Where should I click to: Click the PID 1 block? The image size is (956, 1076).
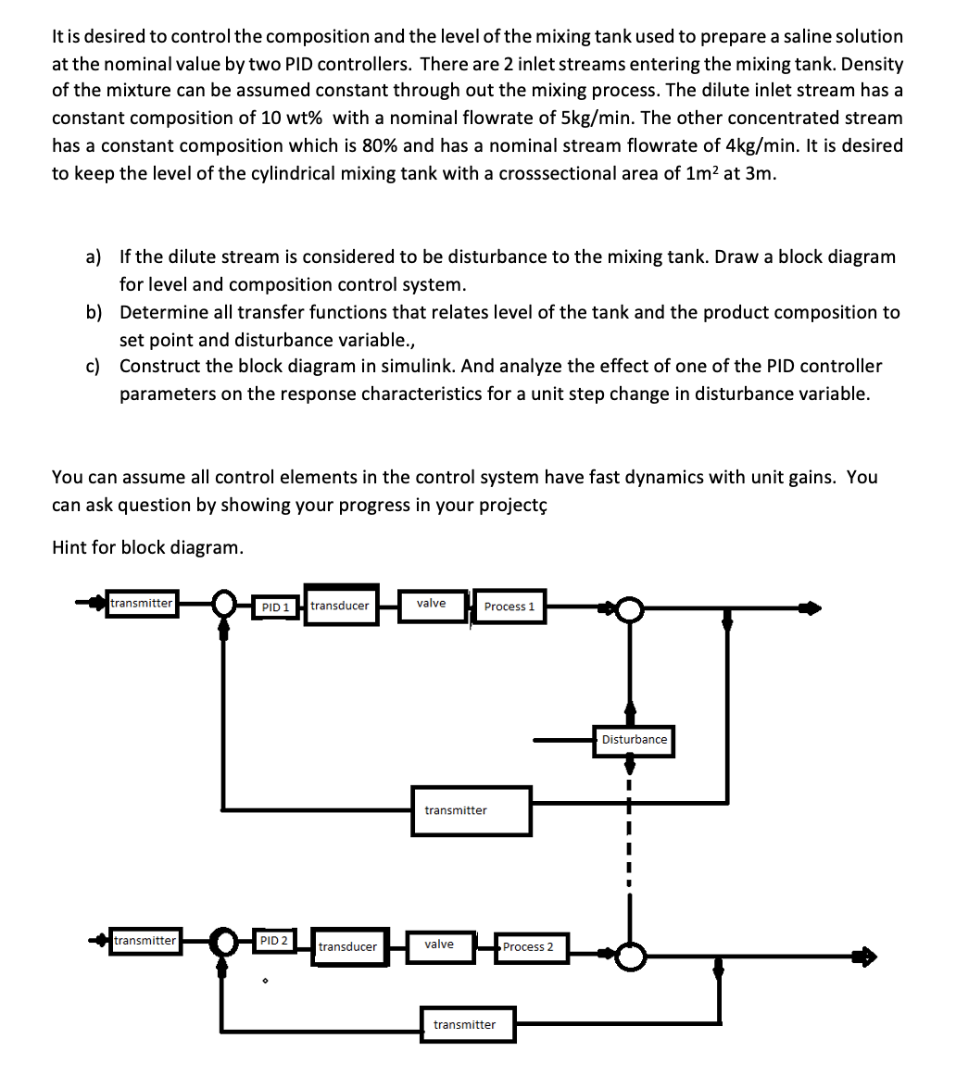[x=276, y=607]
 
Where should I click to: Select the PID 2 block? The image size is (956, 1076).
[x=273, y=941]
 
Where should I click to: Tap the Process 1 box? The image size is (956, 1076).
[x=509, y=607]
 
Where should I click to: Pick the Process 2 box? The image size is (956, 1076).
[x=530, y=946]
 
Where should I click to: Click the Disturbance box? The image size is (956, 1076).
[x=634, y=739]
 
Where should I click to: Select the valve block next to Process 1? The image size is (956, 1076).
[x=432, y=605]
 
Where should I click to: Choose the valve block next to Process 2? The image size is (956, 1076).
[x=439, y=945]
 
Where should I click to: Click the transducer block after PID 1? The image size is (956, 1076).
[x=341, y=606]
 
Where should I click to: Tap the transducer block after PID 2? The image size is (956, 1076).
[x=349, y=946]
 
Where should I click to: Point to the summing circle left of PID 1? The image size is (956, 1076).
[x=223, y=606]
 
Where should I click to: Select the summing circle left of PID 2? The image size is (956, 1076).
[x=223, y=943]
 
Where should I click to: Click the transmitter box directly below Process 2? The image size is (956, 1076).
[x=464, y=1024]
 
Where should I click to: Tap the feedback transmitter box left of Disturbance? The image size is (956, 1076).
[x=471, y=810]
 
